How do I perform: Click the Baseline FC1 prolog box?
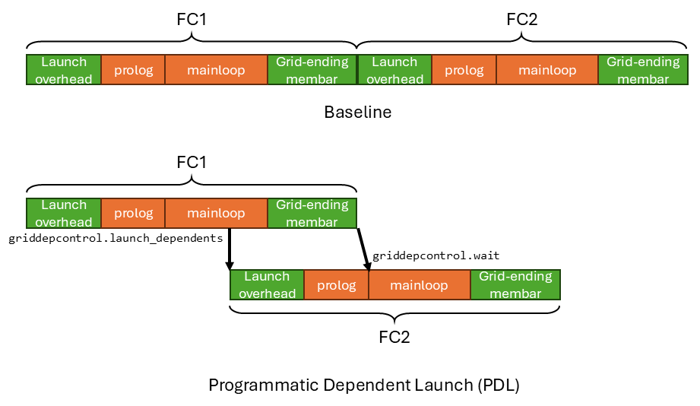tap(133, 70)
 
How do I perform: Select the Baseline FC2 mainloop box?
tap(547, 70)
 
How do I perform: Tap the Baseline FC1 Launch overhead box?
tap(64, 70)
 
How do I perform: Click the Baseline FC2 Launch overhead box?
tap(394, 70)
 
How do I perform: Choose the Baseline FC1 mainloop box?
tap(216, 70)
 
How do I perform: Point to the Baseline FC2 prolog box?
tap(464, 70)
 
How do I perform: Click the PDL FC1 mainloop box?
tap(216, 213)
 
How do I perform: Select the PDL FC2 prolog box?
tap(336, 285)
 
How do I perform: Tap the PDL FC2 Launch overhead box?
tap(267, 285)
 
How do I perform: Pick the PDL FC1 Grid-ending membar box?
tap(312, 213)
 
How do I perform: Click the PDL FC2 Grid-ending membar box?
tap(515, 285)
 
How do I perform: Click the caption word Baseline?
tap(357, 113)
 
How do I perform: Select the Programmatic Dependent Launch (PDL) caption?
tap(363, 385)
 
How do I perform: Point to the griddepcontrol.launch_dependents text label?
tap(116, 238)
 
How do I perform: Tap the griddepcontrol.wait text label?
tap(436, 255)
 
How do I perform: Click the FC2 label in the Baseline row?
tap(522, 20)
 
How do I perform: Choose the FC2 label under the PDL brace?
tap(394, 337)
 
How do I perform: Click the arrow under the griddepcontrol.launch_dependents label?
tap(229, 249)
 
